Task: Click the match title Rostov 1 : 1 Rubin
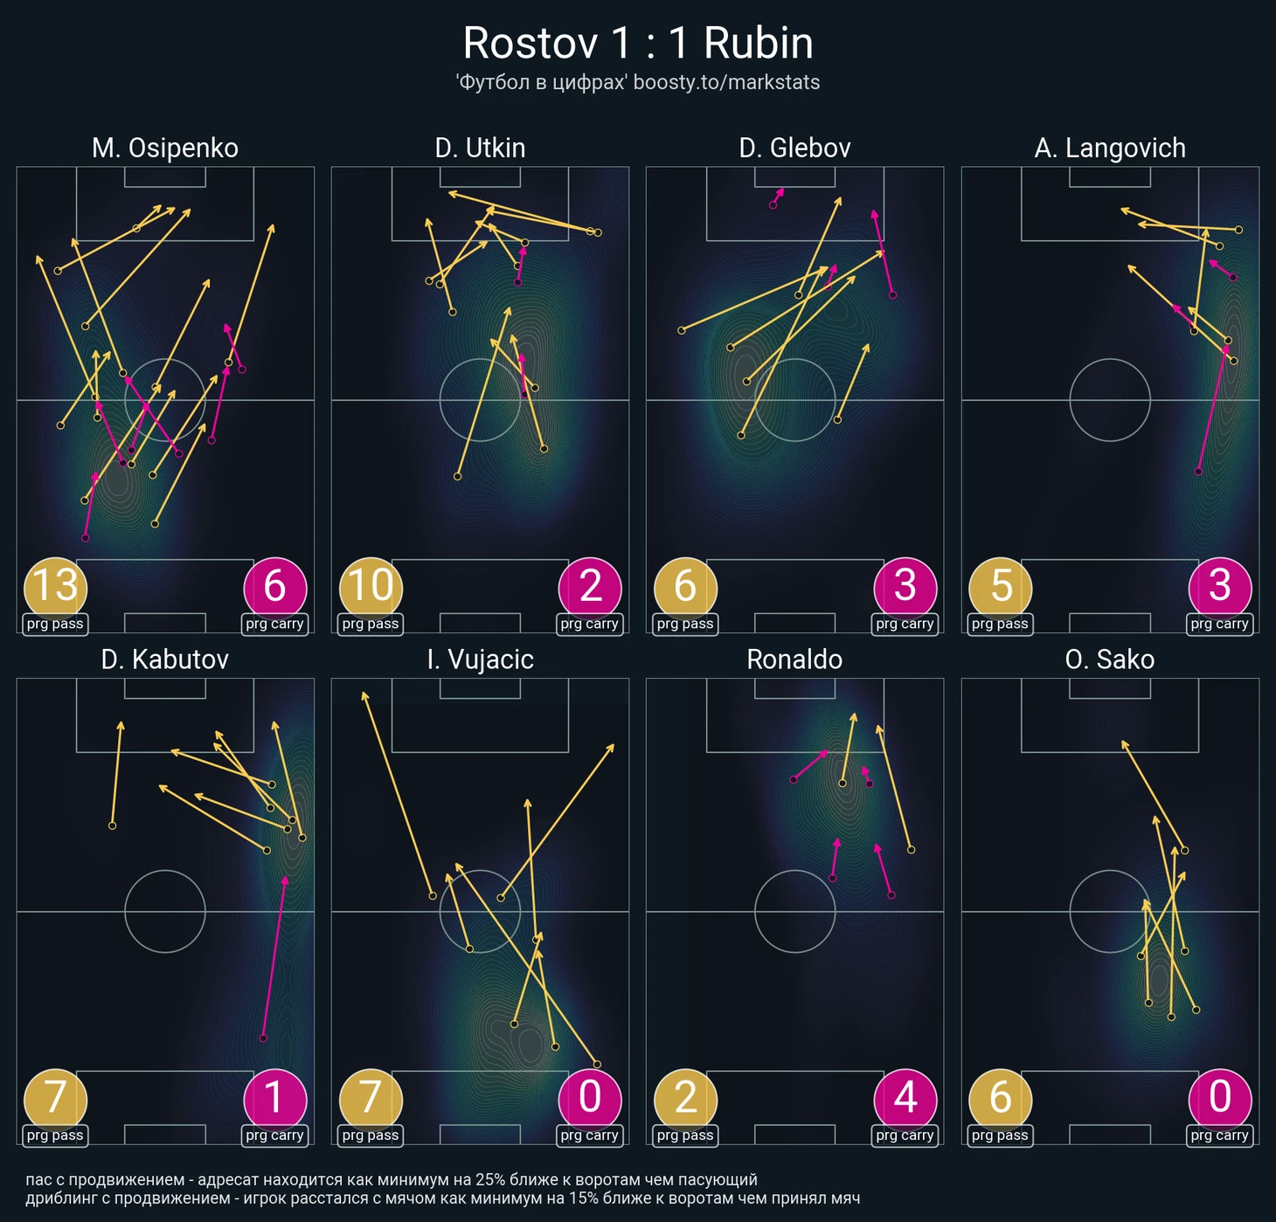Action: [638, 44]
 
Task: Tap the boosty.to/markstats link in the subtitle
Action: [726, 83]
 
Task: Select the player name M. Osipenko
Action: [165, 148]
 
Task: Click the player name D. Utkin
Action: [480, 148]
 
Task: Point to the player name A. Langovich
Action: [1110, 148]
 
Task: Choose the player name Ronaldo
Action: [794, 659]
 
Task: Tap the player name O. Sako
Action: [1109, 659]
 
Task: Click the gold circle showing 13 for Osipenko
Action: [55, 587]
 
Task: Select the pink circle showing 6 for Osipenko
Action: [274, 587]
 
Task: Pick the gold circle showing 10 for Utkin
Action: [371, 587]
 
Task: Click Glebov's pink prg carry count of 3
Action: [905, 587]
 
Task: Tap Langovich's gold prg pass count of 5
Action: [1000, 587]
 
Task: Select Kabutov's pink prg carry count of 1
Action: [274, 1098]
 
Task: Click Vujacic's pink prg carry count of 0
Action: [590, 1098]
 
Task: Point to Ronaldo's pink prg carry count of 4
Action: [905, 1098]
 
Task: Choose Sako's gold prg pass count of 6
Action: [1000, 1098]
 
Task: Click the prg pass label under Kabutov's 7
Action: [55, 1136]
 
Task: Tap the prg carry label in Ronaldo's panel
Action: [905, 1136]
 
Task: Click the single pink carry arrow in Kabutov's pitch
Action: [274, 957]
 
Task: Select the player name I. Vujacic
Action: [480, 659]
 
